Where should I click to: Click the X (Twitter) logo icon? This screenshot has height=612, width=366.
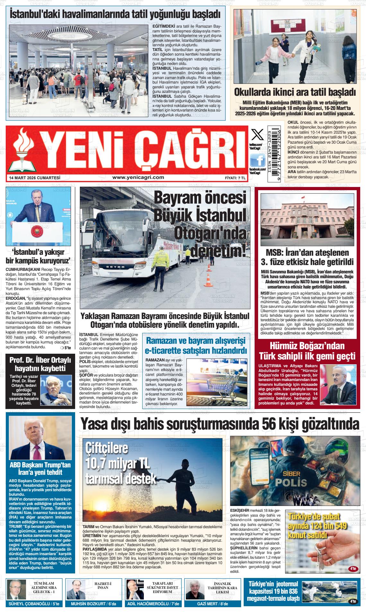257,134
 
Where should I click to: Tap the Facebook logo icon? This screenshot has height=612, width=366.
257,160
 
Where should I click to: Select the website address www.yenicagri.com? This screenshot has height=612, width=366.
138,177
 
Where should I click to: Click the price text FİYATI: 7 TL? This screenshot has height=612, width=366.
235,178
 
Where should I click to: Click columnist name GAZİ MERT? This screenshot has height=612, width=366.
208,604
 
